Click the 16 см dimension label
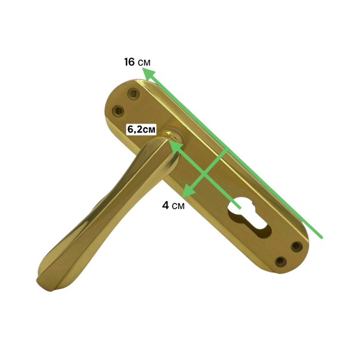[x=137, y=62]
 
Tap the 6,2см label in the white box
[x=141, y=130]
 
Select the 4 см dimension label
[x=173, y=206]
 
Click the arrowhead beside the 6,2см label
[x=175, y=147]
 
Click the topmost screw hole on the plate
[x=133, y=94]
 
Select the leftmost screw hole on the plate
[x=118, y=111]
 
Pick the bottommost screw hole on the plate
[x=281, y=261]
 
